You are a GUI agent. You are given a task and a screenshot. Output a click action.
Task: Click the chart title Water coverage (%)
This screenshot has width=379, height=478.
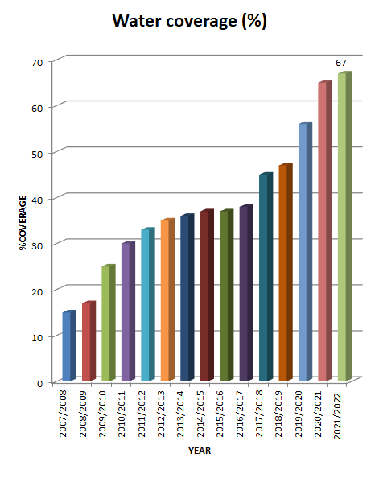pos(189,21)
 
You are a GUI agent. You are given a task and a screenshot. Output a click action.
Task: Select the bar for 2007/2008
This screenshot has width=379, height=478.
pos(68,346)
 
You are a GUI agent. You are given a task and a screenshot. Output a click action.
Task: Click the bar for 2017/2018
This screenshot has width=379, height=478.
pos(264,278)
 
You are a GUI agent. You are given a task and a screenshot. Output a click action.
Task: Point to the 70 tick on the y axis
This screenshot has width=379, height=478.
pos(37,61)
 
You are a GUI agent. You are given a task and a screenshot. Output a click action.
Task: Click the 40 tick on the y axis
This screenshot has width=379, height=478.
pos(37,199)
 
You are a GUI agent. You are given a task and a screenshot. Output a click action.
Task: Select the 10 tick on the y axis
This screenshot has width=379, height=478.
pos(37,336)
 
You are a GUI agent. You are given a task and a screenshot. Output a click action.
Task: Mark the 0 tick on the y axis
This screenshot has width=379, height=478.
pos(39,382)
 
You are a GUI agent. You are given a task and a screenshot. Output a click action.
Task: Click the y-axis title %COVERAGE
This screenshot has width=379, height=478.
pos(25,222)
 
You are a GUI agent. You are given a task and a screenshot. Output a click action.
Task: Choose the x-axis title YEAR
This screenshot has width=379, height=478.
pos(200,451)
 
